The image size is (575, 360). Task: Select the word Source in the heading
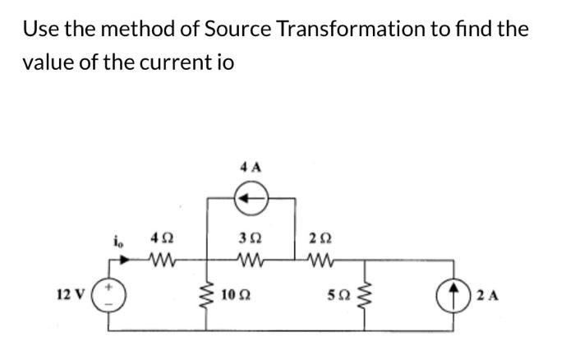(x=233, y=29)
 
